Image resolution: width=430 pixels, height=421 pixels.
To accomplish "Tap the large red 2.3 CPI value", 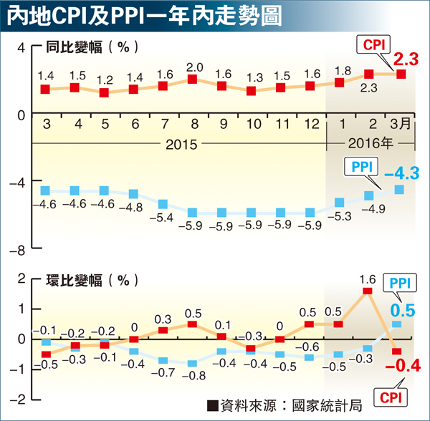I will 404,57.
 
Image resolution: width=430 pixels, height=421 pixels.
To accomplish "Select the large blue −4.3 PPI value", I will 401,173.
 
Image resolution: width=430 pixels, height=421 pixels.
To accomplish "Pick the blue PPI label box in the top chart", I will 362,168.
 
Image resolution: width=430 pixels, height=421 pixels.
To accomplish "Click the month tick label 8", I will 193,123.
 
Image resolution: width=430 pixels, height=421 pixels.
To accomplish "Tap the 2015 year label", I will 181,142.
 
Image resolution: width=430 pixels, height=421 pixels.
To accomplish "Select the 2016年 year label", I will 370,142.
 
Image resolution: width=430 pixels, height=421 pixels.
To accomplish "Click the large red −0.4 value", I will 402,368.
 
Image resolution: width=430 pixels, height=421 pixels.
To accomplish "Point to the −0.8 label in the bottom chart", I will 193,375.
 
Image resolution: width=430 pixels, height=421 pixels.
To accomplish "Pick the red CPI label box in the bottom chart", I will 391,395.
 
